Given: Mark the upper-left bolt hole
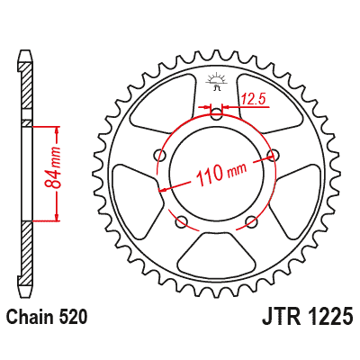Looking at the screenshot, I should click(158, 155).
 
